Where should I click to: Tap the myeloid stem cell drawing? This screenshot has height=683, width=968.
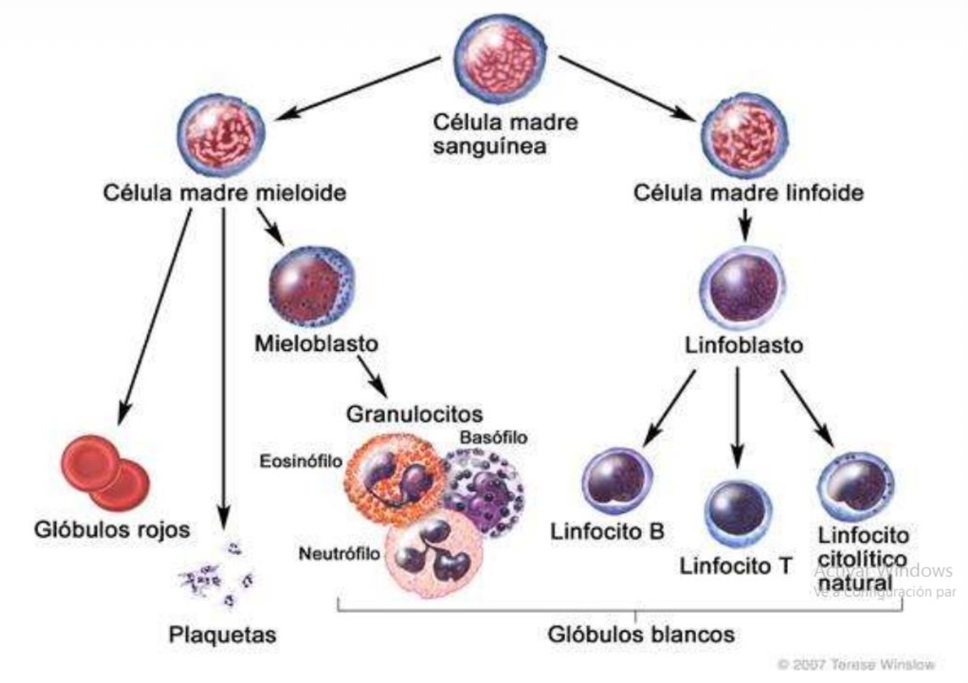217,139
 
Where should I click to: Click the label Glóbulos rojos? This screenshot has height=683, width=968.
111,531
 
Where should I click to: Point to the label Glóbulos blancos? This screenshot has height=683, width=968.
641,634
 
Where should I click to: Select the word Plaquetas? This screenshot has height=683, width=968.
223,635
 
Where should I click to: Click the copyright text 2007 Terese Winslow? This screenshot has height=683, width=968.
857,665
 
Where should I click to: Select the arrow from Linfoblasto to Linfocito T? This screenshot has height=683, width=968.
738,413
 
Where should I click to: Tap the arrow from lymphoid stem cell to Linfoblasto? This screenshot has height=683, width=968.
744,225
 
